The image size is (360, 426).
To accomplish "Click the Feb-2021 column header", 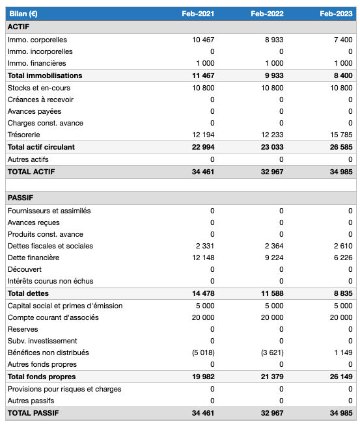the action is (x=198, y=14).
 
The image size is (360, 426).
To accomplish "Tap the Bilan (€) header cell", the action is (x=23, y=14).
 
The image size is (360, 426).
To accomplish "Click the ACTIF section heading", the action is (x=18, y=27).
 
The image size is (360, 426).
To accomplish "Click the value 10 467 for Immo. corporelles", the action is (x=203, y=40).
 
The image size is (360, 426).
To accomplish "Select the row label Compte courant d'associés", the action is (x=53, y=317).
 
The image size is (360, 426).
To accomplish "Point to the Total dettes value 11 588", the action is (x=271, y=293).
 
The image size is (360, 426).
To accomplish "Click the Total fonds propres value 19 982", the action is (x=202, y=377).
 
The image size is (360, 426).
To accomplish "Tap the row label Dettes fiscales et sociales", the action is (x=50, y=246).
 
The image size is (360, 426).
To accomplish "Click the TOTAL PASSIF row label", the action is (x=32, y=413).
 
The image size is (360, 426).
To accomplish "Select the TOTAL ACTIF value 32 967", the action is (x=270, y=172).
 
